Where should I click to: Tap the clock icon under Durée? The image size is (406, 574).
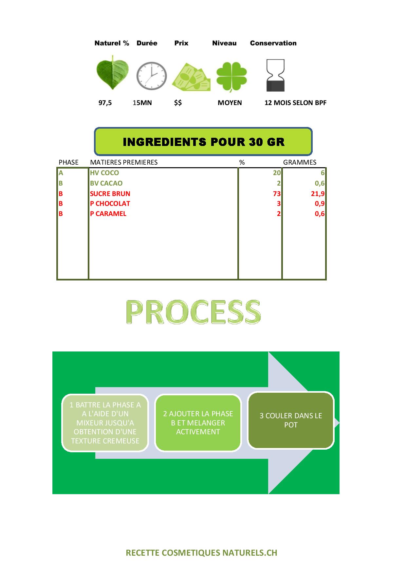pos(151,76)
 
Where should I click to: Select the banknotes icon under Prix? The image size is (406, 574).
pos(191,77)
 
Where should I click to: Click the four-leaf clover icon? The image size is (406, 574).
pos(231,76)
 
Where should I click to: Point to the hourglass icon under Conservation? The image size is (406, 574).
pos(275,76)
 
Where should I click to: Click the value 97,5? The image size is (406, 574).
pos(105,103)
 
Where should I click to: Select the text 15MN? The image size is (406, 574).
pos(142,103)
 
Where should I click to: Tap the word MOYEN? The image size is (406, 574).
pos(230,103)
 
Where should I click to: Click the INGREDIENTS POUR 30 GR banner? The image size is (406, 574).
pos(203,141)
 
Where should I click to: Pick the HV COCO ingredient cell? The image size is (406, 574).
pos(104,173)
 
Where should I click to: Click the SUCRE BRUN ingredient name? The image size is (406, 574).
pos(110,194)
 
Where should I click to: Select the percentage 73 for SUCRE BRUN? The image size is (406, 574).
pos(277,194)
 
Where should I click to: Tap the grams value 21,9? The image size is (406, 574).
pos(318,194)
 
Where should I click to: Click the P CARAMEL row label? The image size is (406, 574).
pos(108,214)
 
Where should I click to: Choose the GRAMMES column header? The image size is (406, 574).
pos(300,162)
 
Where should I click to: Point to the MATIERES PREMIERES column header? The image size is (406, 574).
pos(124,162)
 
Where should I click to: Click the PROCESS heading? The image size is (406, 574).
pos(193,312)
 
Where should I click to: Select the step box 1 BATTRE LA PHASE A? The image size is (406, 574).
pos(105,423)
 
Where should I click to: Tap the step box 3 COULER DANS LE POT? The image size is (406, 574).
pos(291,421)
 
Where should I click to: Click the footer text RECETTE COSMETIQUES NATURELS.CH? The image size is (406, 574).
pos(202,553)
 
